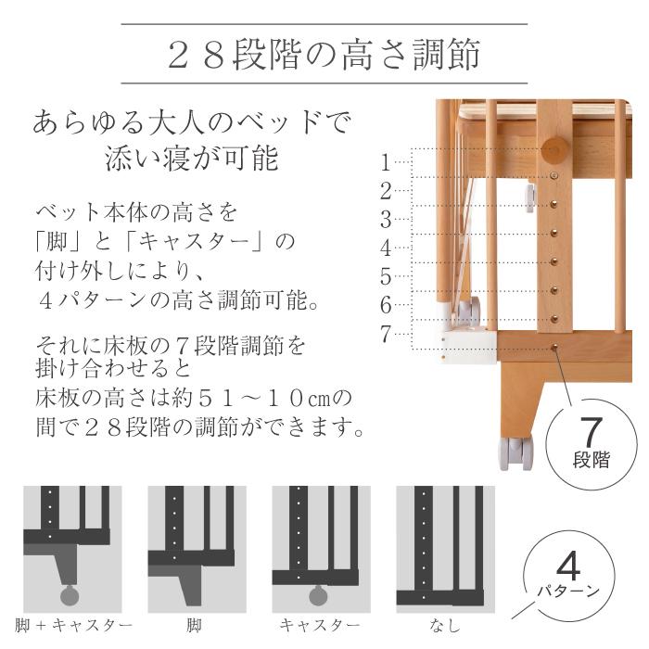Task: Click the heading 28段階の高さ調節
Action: [324, 55]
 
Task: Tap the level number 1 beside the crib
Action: [386, 163]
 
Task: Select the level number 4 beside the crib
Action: [386, 248]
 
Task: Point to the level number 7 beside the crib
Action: [386, 335]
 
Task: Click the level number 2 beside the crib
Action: [386, 192]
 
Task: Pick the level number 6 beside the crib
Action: [386, 305]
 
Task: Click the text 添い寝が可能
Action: [192, 159]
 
